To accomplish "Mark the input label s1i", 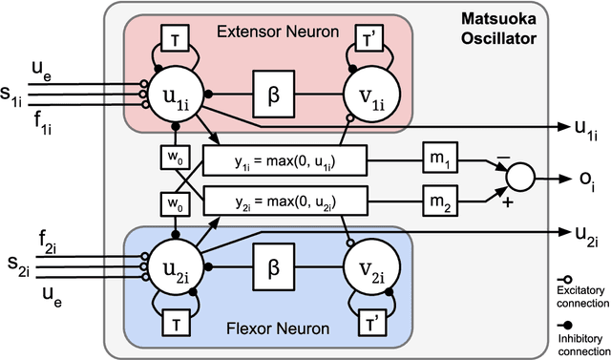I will tap(15, 96).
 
